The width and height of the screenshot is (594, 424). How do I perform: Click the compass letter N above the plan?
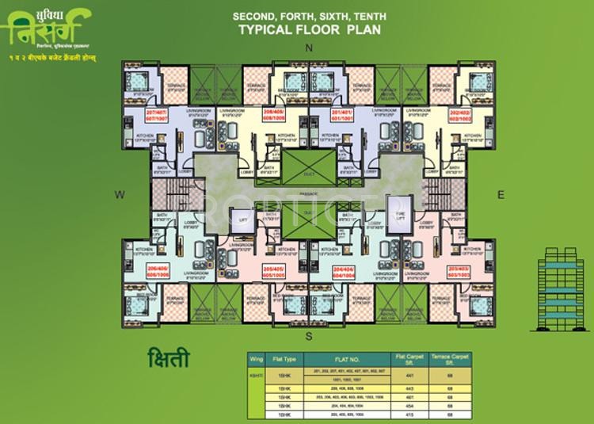coord(310,49)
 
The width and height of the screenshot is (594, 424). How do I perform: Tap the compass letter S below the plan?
coord(310,335)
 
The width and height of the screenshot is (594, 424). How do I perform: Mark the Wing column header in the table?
coord(256,360)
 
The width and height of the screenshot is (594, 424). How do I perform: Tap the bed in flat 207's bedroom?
coord(137,81)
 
